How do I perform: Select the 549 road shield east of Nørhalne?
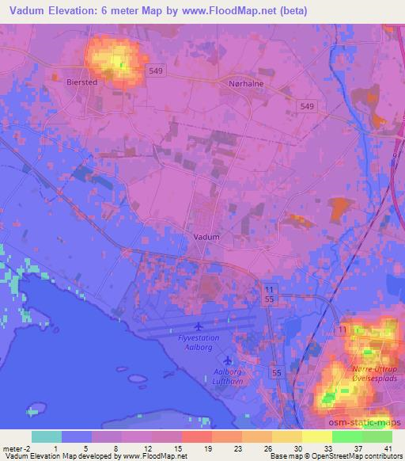tap(307, 105)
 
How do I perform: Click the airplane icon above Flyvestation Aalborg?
tap(197, 326)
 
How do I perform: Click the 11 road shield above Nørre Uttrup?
tap(341, 328)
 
